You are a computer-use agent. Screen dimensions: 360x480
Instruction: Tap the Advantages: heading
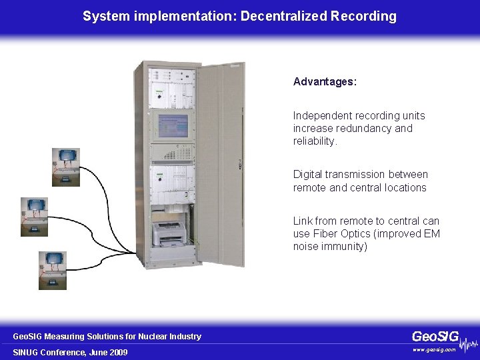pyautogui.click(x=325, y=82)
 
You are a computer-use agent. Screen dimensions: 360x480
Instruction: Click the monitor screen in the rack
pyautogui.click(x=171, y=125)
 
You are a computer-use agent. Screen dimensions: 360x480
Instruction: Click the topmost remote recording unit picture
pyautogui.click(x=66, y=166)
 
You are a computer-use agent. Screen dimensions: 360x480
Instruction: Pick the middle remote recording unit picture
pyautogui.click(x=34, y=215)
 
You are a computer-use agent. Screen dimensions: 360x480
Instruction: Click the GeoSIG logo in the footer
pyautogui.click(x=436, y=336)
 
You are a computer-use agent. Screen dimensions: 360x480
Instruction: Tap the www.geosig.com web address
pyautogui.click(x=434, y=349)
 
